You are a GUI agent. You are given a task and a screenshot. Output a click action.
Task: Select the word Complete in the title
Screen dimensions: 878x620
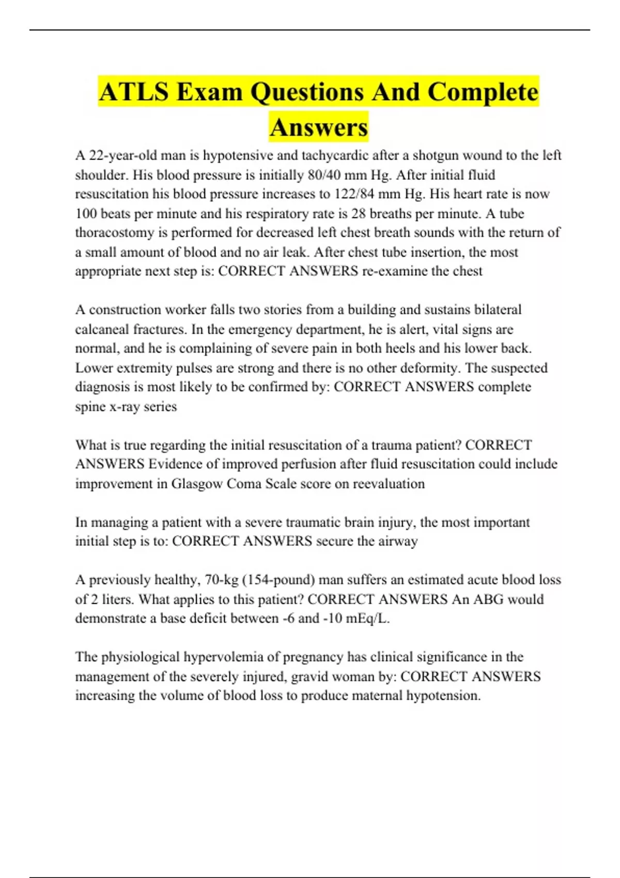point(483,92)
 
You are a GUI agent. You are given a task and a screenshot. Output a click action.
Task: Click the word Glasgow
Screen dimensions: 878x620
point(197,484)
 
